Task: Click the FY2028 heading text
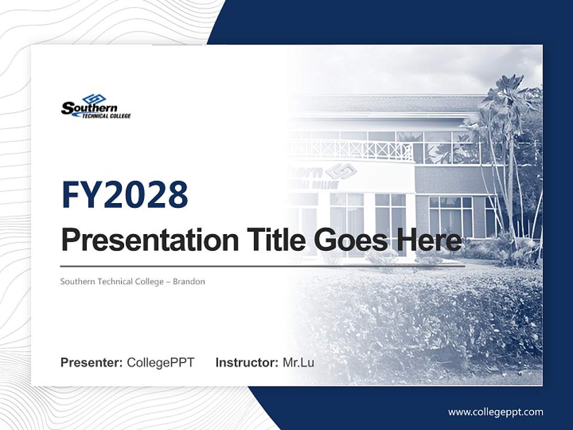[125, 195]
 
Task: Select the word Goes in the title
[347, 240]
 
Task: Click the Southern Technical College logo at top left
[95, 107]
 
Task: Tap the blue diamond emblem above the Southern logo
[94, 99]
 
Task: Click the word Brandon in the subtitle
[189, 281]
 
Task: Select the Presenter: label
[92, 363]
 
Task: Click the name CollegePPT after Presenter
[161, 363]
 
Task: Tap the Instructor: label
[247, 363]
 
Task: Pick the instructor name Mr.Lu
[298, 363]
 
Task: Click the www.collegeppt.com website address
[495, 411]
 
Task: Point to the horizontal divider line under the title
[263, 266]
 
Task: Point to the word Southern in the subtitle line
[78, 281]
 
